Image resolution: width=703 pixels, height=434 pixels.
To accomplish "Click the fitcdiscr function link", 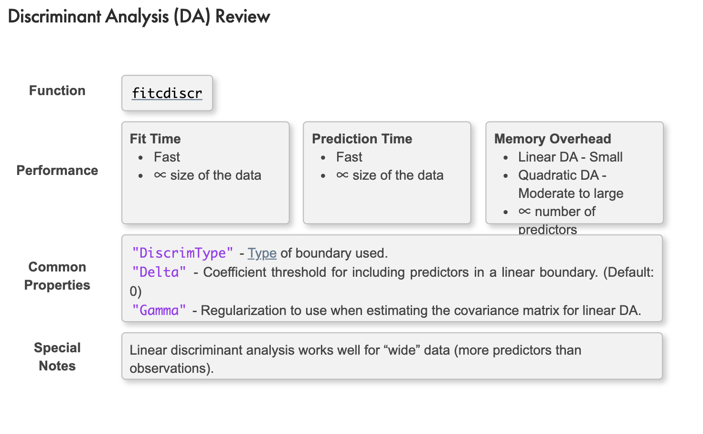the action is (167, 93).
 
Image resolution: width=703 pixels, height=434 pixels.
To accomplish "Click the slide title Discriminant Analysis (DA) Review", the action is (139, 16).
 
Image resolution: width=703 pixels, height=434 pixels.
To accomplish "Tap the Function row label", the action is (57, 90).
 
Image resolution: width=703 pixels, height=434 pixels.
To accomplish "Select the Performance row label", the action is (57, 170).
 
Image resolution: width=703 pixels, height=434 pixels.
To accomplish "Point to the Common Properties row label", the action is (57, 276).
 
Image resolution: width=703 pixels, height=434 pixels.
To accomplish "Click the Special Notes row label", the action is (57, 357).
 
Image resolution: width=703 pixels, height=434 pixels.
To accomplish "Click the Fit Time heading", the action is (155, 139).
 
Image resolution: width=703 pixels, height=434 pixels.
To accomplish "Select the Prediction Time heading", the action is (362, 139).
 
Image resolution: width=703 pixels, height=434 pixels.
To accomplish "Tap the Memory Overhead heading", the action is (553, 139).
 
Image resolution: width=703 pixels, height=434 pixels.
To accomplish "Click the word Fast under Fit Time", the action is (167, 157).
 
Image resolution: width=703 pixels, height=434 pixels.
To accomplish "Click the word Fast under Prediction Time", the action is (349, 157).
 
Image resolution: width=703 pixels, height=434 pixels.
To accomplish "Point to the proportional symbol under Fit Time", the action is (160, 175).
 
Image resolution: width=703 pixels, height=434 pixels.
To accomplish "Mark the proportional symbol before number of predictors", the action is (525, 211).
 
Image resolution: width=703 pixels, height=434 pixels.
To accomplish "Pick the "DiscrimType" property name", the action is (182, 253).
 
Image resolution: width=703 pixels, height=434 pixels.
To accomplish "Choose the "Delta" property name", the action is (159, 272).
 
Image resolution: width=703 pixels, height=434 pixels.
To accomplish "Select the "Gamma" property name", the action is (159, 311).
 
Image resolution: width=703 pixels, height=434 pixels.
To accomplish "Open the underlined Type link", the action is (262, 253).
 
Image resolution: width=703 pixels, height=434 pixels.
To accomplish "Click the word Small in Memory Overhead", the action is (606, 157).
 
